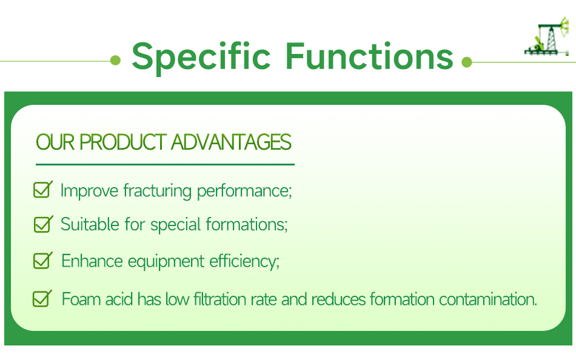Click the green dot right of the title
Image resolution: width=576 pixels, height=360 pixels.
(x=466, y=61)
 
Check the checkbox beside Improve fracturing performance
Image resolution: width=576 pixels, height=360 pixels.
(x=42, y=190)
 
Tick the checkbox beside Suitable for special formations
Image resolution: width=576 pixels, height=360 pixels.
(x=42, y=224)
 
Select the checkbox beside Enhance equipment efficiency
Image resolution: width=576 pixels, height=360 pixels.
(x=42, y=261)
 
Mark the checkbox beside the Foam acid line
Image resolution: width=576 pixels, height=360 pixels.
(x=42, y=298)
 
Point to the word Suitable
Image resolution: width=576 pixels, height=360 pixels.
(x=90, y=225)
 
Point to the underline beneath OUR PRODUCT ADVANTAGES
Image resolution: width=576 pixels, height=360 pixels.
(x=165, y=164)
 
